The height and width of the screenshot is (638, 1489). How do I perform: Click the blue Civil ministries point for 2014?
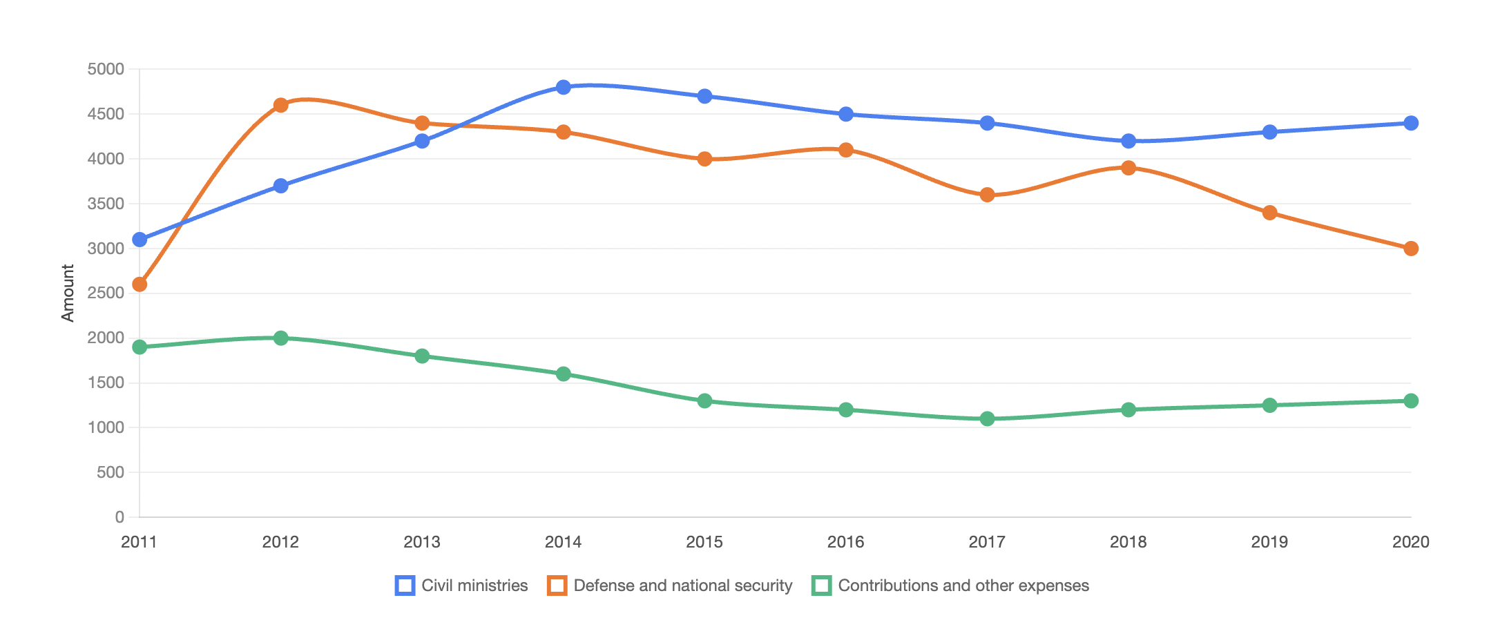coord(564,87)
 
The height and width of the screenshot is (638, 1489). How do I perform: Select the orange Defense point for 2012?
coord(280,105)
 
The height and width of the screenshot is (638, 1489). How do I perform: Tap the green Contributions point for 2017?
coord(987,418)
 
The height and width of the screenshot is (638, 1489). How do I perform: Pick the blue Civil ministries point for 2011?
coord(140,240)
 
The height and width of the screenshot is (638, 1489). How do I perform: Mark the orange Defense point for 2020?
coord(1411,249)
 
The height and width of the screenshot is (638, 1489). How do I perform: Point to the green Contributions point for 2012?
coord(280,338)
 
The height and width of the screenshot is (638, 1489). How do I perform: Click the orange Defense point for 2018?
coord(1128,168)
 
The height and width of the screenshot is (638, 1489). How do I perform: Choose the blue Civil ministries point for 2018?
coord(1128,141)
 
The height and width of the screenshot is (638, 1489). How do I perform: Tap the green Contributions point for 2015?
coord(704,400)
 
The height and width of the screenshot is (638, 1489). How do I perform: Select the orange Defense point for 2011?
coord(140,284)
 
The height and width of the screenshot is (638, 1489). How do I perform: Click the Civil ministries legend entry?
coord(461,586)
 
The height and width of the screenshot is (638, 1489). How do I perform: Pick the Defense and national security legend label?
coord(683,586)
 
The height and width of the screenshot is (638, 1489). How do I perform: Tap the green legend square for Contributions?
coord(822,586)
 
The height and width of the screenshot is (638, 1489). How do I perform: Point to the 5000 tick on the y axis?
coord(106,69)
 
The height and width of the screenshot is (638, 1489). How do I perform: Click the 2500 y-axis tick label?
coord(106,293)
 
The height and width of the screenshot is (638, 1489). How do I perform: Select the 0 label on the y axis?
coord(119,517)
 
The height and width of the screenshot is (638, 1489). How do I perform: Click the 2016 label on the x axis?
coord(846,542)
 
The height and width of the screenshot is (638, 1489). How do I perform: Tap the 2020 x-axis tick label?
coord(1411,542)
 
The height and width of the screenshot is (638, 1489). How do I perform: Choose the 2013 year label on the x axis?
coord(422,542)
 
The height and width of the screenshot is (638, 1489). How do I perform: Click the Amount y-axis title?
coord(68,293)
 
